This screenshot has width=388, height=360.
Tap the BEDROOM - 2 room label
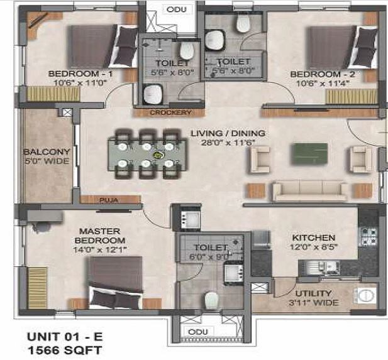[x=322, y=74]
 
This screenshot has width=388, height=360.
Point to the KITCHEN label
[x=313, y=238]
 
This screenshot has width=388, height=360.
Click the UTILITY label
[x=318, y=293]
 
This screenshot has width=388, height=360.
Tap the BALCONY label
[x=46, y=151]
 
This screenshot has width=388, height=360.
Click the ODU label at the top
[x=172, y=9]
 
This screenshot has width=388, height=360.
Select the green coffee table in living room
[x=309, y=153]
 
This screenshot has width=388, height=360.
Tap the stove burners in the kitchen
[x=367, y=236]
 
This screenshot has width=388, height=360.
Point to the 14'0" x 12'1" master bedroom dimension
[x=99, y=249]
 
